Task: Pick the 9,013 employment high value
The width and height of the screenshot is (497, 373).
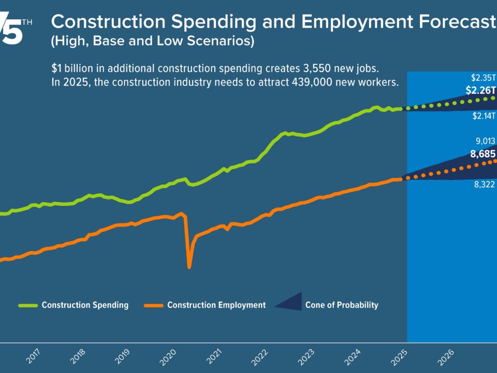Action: [486, 141]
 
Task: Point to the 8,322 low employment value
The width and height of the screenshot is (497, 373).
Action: [485, 183]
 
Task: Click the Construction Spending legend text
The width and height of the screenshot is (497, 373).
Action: [85, 305]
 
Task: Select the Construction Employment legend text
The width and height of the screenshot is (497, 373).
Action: [216, 305]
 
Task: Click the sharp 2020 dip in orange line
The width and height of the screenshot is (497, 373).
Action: [189, 266]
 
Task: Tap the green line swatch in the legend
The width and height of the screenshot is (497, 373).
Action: [28, 305]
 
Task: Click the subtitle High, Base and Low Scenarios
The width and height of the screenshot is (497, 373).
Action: [152, 42]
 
